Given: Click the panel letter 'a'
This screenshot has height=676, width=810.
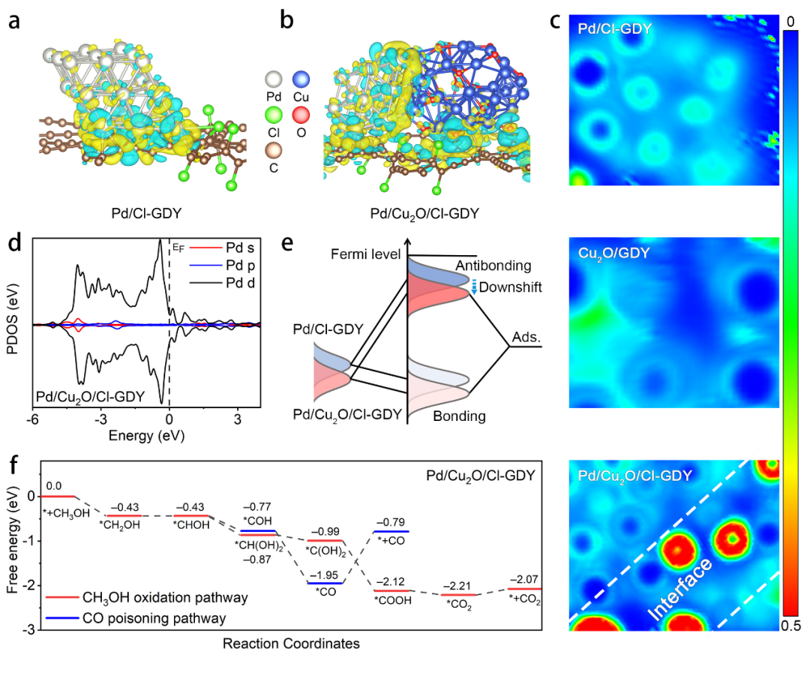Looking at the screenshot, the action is tap(14, 21).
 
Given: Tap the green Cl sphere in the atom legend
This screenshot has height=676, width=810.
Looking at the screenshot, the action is tap(274, 115).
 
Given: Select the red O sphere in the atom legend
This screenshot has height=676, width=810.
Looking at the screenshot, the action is tap(301, 115).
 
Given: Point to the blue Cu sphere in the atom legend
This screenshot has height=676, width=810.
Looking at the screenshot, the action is tap(301, 79).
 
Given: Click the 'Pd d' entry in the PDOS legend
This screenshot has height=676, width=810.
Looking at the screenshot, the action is tap(240, 283).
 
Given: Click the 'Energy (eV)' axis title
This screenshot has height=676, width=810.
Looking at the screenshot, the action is tap(147, 436).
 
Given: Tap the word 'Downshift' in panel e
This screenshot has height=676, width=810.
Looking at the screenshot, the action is tap(511, 287).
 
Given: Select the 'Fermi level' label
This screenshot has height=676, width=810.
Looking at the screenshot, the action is tap(366, 254).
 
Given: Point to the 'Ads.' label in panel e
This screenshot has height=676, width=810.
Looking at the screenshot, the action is tap(526, 338).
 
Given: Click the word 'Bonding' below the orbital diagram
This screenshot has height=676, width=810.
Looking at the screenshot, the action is tap(459, 416).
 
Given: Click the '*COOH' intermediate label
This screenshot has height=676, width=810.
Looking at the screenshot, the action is tap(393, 600).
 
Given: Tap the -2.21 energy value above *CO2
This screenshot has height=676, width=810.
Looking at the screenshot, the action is tap(457, 586).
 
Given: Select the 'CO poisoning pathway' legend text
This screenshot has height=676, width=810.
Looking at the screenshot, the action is tap(154, 619).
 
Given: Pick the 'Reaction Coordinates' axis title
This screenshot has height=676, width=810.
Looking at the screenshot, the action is tap(291, 644).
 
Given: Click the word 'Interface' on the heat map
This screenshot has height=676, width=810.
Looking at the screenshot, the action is tap(680, 589).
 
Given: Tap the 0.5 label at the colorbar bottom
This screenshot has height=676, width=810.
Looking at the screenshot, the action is tap(791, 626).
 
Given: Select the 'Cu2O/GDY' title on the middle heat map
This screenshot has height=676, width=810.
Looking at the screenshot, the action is tap(613, 254).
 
